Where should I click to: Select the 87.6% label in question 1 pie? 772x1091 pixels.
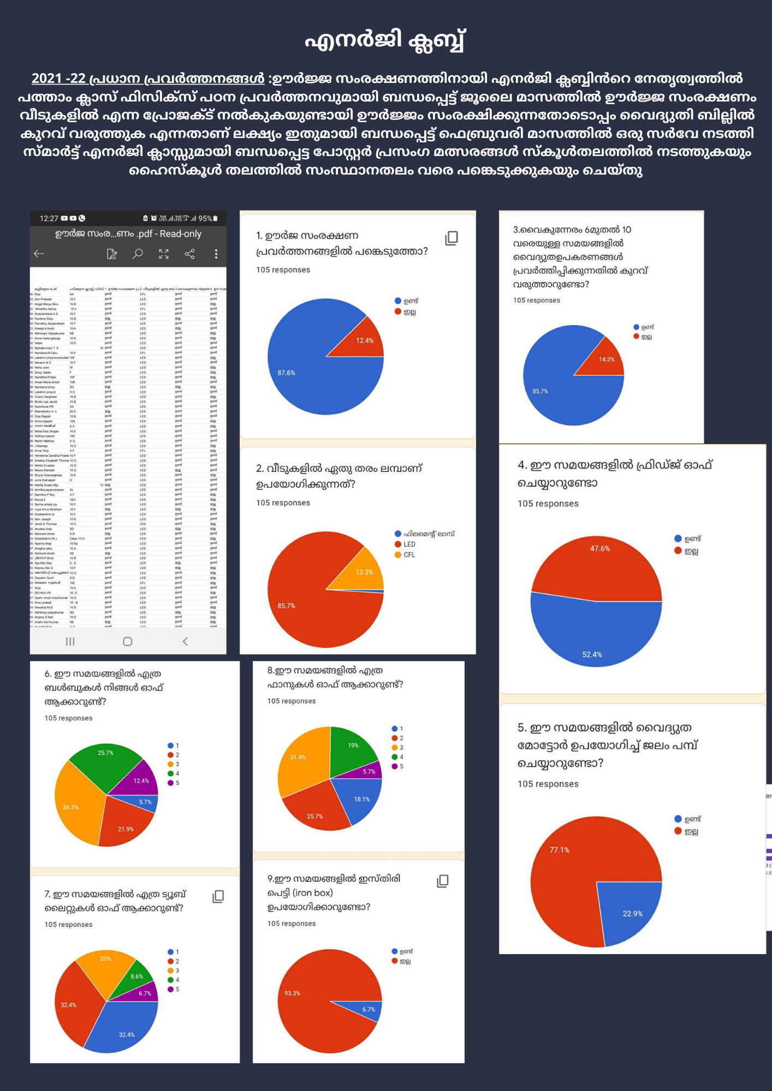[x=286, y=373]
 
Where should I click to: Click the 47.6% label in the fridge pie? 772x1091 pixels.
[x=600, y=549]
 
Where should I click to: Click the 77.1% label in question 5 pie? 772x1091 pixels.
[x=560, y=850]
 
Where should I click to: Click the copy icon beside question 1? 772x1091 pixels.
[x=452, y=238]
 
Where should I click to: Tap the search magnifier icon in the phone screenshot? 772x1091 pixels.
[x=138, y=254]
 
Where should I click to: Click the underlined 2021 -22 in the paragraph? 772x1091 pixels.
[x=58, y=79]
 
